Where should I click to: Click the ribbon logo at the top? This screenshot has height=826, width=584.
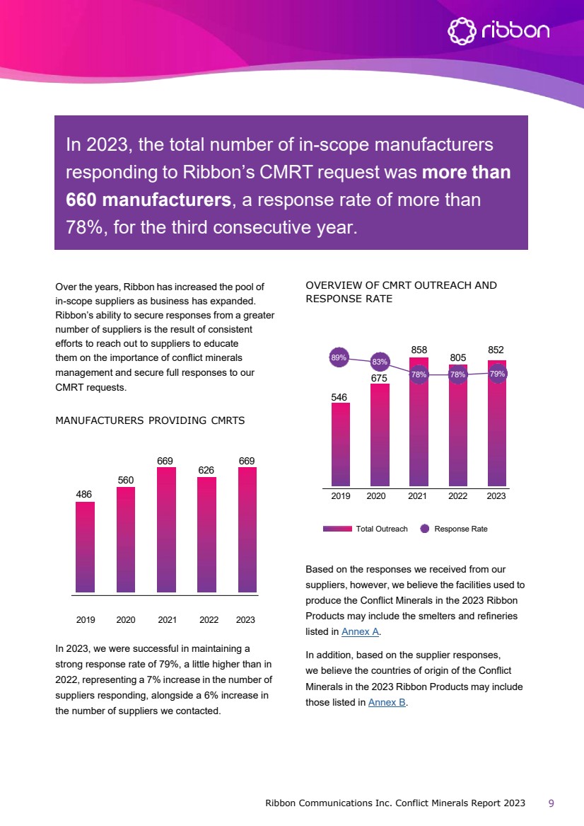tap(498, 31)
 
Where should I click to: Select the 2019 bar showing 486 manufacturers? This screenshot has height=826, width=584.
tap(86, 546)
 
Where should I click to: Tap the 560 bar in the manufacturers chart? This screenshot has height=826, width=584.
tap(126, 539)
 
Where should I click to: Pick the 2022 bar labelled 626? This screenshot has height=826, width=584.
tap(206, 534)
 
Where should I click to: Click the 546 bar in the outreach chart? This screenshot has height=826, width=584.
tap(341, 445)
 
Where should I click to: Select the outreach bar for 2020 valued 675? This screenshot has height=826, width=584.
tap(380, 436)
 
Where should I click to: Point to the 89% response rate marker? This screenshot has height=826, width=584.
tap(339, 358)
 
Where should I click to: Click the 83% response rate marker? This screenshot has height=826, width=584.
tap(380, 362)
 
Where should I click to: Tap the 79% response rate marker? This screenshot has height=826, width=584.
tap(497, 374)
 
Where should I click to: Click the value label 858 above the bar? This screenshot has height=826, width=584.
tap(419, 350)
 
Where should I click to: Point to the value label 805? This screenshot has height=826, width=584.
tap(459, 359)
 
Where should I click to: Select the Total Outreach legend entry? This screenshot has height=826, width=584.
tap(366, 529)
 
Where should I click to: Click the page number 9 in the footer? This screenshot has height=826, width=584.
tap(551, 803)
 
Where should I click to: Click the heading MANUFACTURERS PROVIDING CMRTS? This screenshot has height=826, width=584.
tap(150, 420)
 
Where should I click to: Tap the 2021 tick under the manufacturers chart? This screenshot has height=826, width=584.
tap(168, 620)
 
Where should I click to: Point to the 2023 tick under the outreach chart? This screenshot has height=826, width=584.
tap(496, 497)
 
